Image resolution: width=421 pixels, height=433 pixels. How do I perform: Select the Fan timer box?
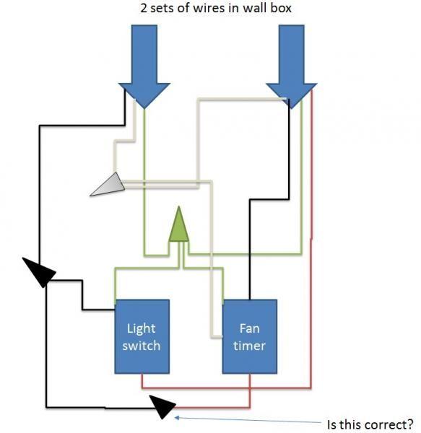click(x=249, y=336)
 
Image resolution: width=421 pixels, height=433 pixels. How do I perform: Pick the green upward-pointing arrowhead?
click(x=178, y=226)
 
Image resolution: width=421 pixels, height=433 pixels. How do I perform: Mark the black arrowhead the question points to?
click(x=163, y=407)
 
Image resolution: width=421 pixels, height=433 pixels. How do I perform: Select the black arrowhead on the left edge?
click(x=40, y=274)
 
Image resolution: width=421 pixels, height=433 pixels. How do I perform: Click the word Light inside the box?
click(x=141, y=328)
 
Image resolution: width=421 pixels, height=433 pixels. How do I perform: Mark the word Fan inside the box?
click(x=249, y=328)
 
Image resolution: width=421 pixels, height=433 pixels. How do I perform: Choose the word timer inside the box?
click(x=249, y=345)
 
